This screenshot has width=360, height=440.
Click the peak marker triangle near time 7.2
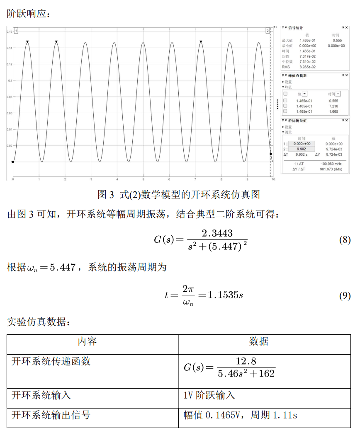(201, 42)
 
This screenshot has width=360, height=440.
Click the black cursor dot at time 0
(13, 162)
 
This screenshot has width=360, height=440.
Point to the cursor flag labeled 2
(268, 31)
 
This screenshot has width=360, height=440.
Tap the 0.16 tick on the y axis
(9, 31)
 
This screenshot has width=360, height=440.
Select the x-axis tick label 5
(143, 179)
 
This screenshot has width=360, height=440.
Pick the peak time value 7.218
(333, 106)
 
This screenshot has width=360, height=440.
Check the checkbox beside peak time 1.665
(285, 111)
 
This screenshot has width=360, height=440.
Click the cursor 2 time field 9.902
(302, 149)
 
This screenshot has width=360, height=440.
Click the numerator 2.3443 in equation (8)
(217, 233)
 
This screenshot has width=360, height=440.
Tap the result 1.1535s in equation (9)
(225, 295)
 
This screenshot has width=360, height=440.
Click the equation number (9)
(345, 296)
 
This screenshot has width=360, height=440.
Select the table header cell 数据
(258, 341)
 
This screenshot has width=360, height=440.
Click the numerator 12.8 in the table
(246, 361)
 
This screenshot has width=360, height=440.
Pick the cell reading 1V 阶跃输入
(209, 395)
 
